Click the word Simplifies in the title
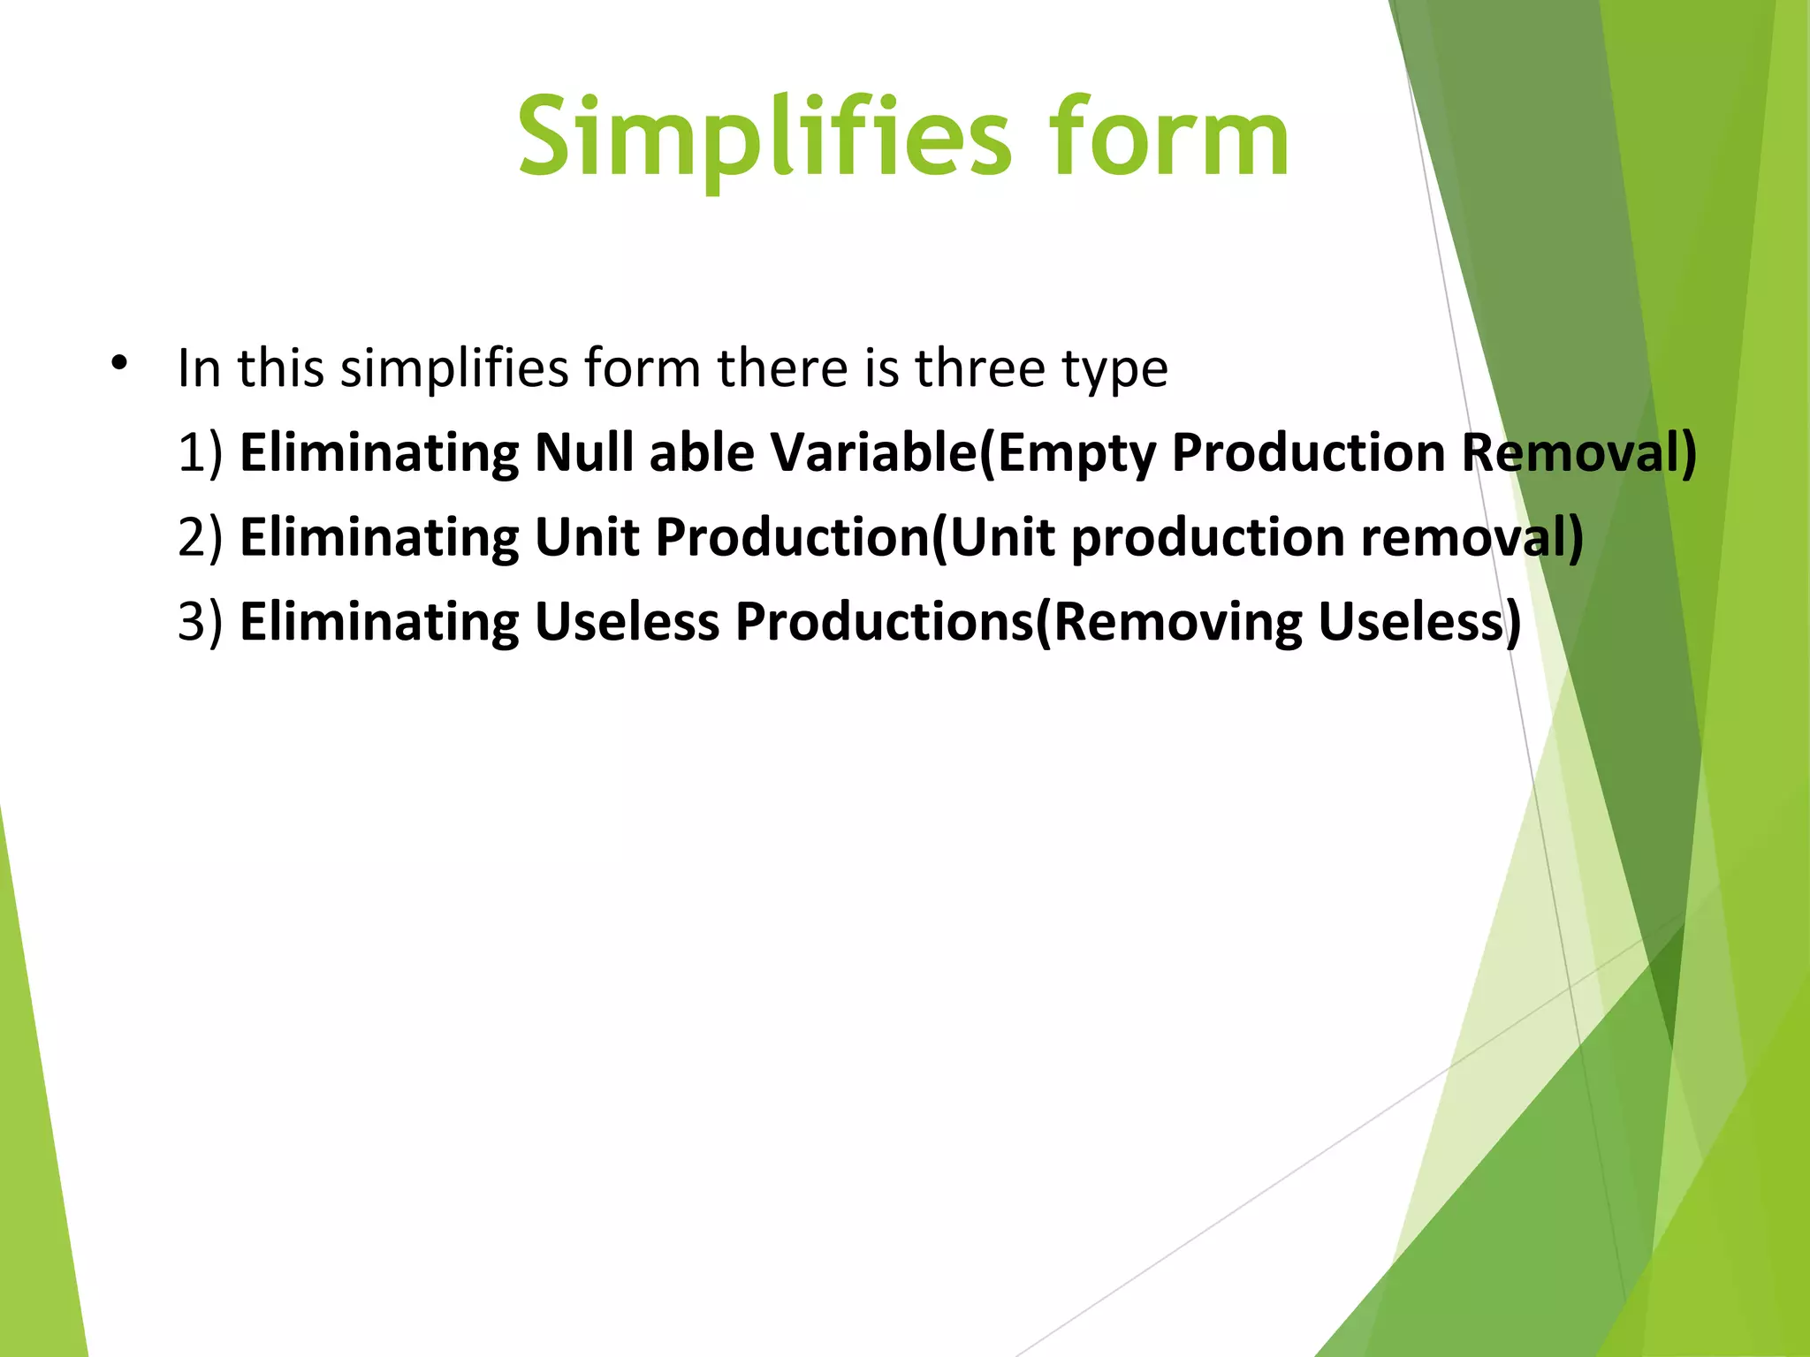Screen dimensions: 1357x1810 pos(764,137)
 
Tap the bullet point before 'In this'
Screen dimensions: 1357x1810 pos(119,362)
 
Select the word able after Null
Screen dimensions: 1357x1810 pos(701,452)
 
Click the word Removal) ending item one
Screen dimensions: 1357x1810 pos(1578,454)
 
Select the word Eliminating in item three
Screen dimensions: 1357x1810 pos(379,622)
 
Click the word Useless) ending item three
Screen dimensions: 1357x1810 pos(1419,622)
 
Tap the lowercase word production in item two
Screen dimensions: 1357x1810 pos(1207,539)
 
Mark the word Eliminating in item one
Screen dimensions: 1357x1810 pos(379,452)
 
